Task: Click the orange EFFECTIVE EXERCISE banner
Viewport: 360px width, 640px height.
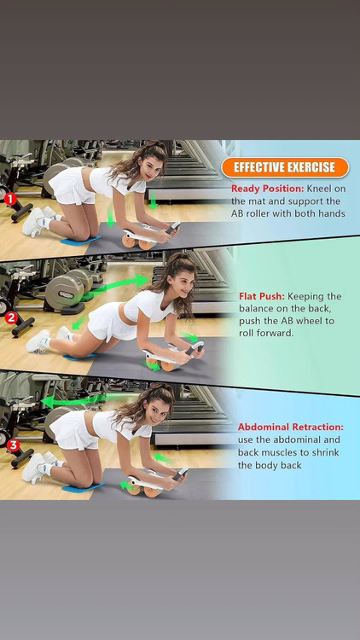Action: (285, 167)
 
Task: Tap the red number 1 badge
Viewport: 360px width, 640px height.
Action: (10, 199)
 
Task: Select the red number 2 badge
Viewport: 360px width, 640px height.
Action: (10, 317)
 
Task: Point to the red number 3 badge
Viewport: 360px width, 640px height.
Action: (13, 445)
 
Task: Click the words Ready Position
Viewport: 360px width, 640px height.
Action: (267, 189)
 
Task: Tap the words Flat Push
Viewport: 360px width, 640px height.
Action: (262, 296)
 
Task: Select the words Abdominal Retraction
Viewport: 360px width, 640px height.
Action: (291, 427)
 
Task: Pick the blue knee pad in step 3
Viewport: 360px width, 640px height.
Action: (84, 486)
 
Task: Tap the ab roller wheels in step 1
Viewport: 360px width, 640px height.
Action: (138, 243)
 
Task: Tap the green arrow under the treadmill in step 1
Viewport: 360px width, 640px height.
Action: (153, 201)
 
